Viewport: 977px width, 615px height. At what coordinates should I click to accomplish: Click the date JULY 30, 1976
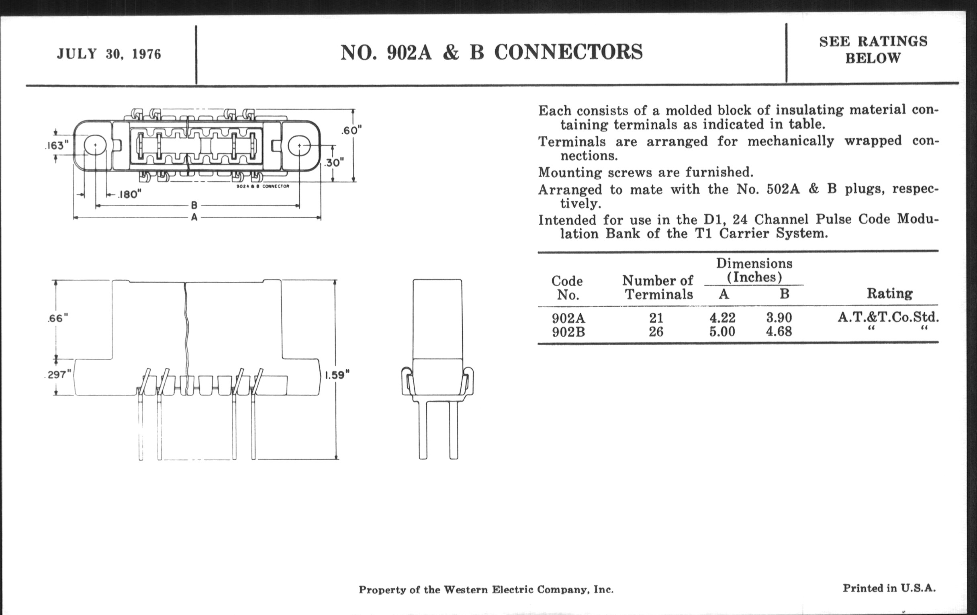pyautogui.click(x=109, y=54)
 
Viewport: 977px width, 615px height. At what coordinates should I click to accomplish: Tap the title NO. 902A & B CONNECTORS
pyautogui.click(x=491, y=52)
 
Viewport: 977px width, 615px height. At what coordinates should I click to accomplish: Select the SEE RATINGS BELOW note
pyautogui.click(x=873, y=49)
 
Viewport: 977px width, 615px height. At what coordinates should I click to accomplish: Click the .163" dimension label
pyautogui.click(x=56, y=146)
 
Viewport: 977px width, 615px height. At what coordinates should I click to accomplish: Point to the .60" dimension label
pyautogui.click(x=352, y=131)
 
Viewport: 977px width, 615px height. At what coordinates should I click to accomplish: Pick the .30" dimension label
pyautogui.click(x=334, y=162)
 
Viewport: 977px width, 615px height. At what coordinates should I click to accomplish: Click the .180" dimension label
pyautogui.click(x=129, y=195)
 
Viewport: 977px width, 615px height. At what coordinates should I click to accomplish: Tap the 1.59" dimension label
pyautogui.click(x=337, y=375)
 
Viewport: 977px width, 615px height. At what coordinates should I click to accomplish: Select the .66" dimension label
pyautogui.click(x=57, y=318)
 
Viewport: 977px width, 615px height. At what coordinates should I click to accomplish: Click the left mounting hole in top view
pyautogui.click(x=95, y=146)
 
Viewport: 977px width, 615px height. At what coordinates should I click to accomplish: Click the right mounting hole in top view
pyautogui.click(x=299, y=146)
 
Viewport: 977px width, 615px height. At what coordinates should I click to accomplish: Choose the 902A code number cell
pyautogui.click(x=568, y=318)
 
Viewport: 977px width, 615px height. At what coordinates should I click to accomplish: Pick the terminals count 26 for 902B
pyautogui.click(x=656, y=332)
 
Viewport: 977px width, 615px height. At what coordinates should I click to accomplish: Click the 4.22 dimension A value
pyautogui.click(x=722, y=318)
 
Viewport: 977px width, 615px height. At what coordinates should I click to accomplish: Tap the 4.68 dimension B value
pyautogui.click(x=779, y=332)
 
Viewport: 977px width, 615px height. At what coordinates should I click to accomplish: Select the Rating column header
pyautogui.click(x=889, y=293)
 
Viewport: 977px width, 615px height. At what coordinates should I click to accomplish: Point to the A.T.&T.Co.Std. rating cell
pyautogui.click(x=888, y=317)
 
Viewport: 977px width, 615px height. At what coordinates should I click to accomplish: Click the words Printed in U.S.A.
pyautogui.click(x=889, y=588)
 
